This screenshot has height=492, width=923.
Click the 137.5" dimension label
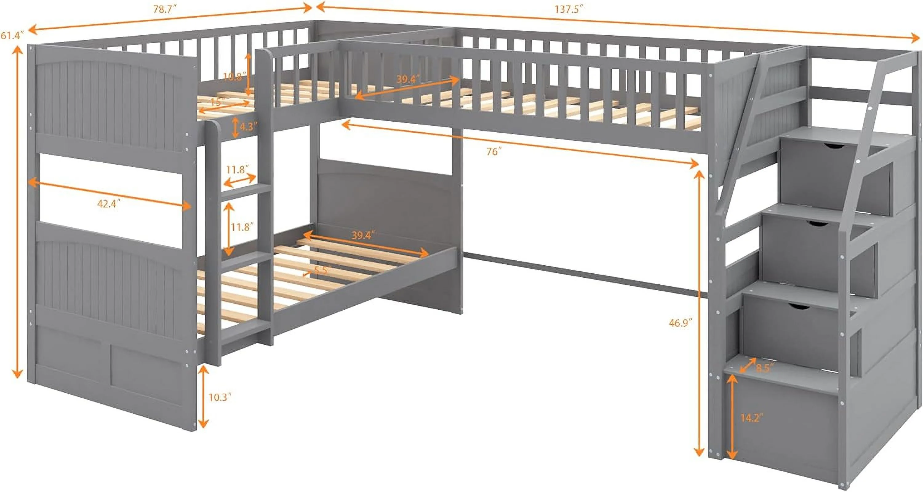[x=569, y=9]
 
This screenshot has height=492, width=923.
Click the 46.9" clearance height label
[x=680, y=323]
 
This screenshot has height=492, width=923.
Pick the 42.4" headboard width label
[x=109, y=204]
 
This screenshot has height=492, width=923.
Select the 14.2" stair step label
[x=752, y=418]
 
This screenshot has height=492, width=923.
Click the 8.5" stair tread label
[x=765, y=368]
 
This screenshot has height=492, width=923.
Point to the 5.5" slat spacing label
[x=321, y=270]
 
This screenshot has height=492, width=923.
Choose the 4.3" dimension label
[x=249, y=126]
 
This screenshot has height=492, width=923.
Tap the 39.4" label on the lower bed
[x=363, y=235]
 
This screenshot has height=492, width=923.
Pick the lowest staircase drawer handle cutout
[x=799, y=307]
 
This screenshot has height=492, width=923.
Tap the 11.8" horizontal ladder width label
[x=237, y=169]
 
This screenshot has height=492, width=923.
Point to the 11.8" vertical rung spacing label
[x=242, y=227]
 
